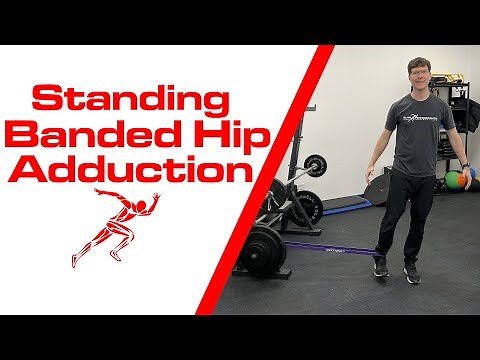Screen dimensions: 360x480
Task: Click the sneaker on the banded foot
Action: tap(380, 267)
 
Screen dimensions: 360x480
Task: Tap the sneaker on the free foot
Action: tap(412, 274)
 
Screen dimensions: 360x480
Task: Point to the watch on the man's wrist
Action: tap(465, 165)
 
